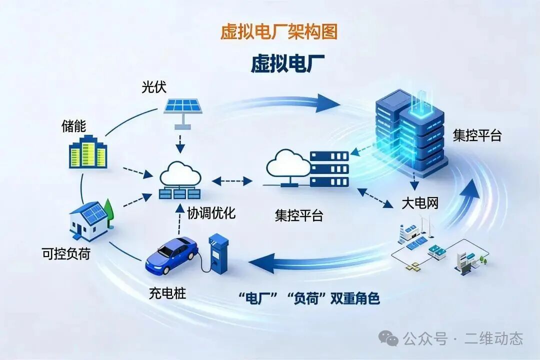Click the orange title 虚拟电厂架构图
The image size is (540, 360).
[x=278, y=31]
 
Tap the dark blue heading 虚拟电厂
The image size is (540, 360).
[x=287, y=63]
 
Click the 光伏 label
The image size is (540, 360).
[x=154, y=87]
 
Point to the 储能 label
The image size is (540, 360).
[x=73, y=126]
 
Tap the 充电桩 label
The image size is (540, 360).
[x=167, y=293]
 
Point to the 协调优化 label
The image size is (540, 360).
[x=211, y=212]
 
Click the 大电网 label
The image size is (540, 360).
[x=420, y=203]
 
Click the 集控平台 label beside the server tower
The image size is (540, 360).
[x=477, y=135]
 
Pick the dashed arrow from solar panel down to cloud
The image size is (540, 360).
[x=180, y=144]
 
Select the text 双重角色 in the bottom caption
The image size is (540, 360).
[x=355, y=298]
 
